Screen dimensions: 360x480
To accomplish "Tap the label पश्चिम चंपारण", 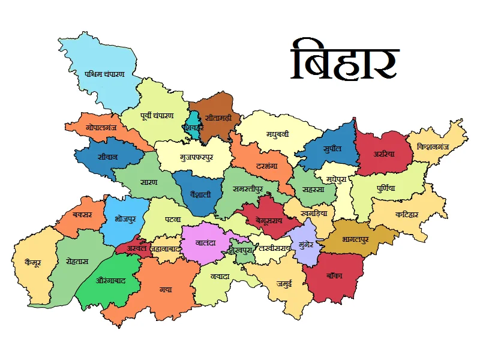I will click(x=104, y=74).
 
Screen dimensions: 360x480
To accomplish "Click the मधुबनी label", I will click(x=278, y=134).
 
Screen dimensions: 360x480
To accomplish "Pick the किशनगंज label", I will click(x=436, y=147).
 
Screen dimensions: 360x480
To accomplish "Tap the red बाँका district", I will click(x=335, y=276).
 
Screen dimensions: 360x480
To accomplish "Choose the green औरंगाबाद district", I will click(x=111, y=280).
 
